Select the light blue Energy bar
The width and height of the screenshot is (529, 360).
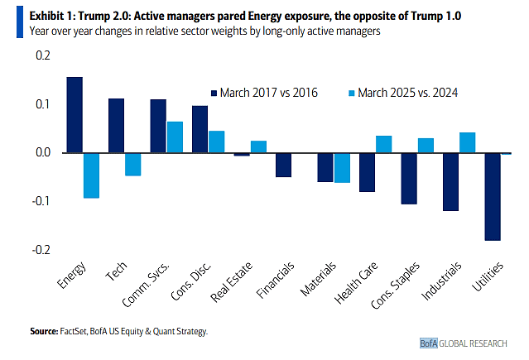(x=91, y=175)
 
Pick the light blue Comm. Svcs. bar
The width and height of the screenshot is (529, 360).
(x=175, y=137)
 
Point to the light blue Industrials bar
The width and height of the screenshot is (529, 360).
(x=467, y=142)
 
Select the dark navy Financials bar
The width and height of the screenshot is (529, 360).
(x=283, y=165)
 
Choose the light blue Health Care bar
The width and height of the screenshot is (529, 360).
(x=383, y=144)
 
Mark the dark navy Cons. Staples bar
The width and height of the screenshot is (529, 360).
(x=408, y=179)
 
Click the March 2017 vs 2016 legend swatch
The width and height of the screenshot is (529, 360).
(x=214, y=92)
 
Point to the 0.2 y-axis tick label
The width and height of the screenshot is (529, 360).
(x=39, y=56)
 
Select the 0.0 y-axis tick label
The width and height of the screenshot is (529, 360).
(x=39, y=153)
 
